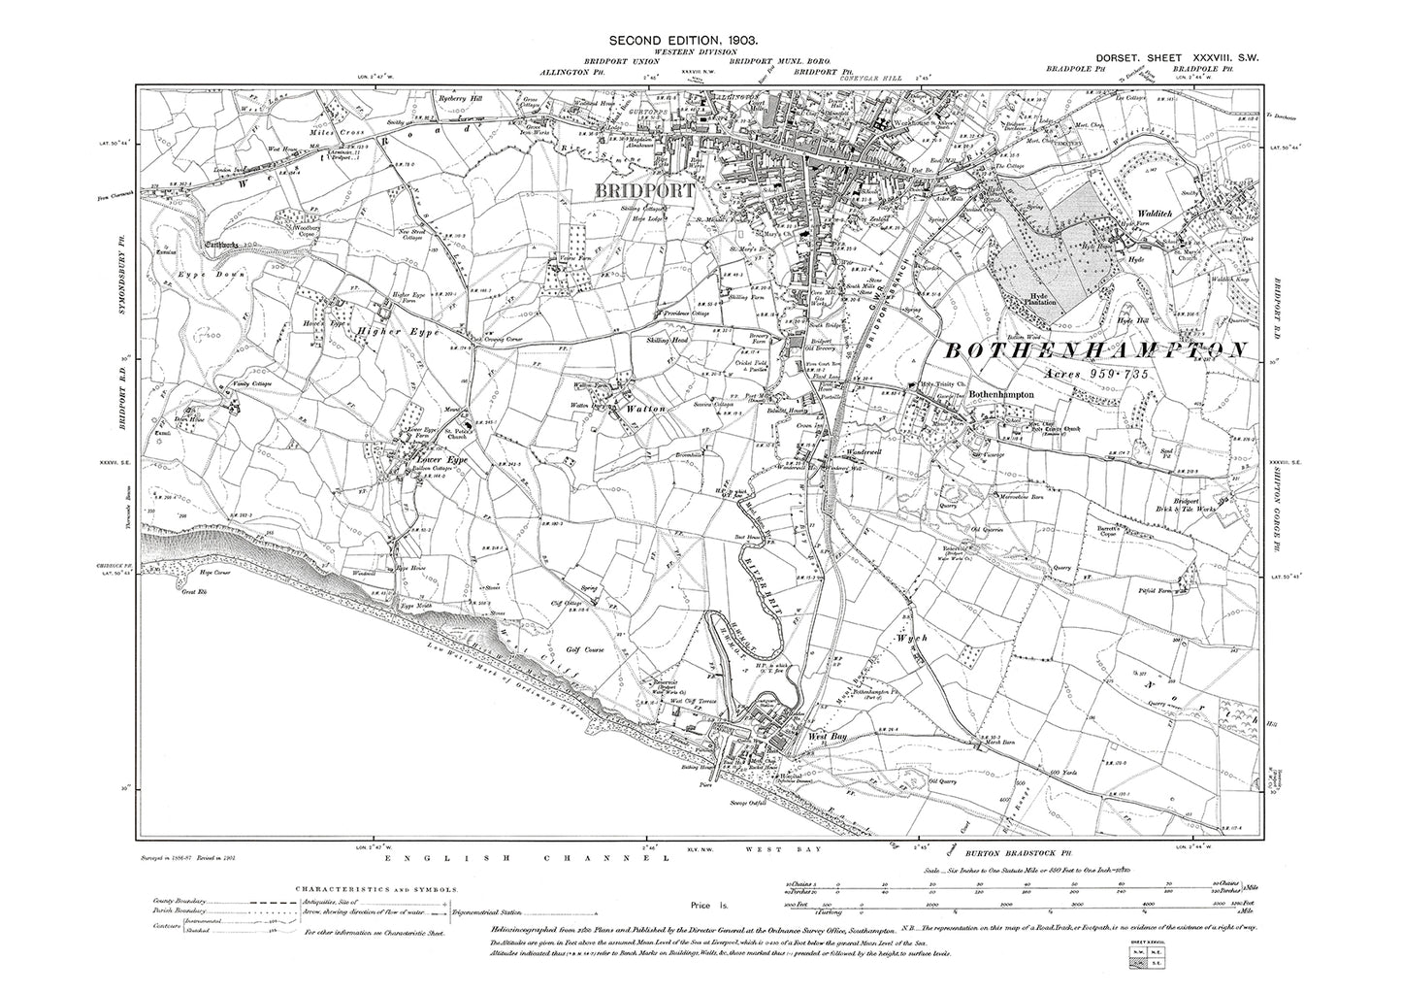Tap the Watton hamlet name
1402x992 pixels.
click(x=644, y=409)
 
